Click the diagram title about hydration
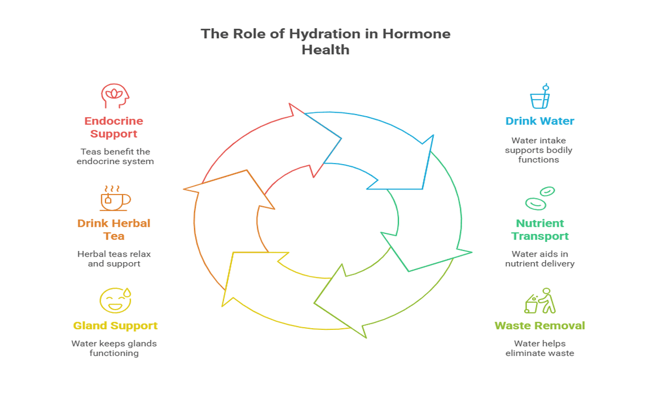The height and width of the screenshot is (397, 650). pyautogui.click(x=326, y=42)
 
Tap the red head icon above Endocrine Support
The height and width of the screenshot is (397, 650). pyautogui.click(x=115, y=96)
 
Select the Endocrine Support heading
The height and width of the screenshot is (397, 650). pyautogui.click(x=114, y=127)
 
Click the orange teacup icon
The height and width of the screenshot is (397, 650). pyautogui.click(x=115, y=198)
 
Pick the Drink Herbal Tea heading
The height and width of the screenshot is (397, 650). pyautogui.click(x=114, y=230)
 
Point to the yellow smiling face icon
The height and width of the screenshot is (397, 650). pyautogui.click(x=115, y=300)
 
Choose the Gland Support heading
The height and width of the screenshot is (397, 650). pyautogui.click(x=115, y=325)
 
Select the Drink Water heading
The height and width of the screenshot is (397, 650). pyautogui.click(x=539, y=121)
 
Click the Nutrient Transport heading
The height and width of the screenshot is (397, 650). pyautogui.click(x=539, y=230)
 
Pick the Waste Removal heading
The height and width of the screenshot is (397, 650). pyautogui.click(x=539, y=325)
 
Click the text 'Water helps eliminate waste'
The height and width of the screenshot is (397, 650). pyautogui.click(x=539, y=349)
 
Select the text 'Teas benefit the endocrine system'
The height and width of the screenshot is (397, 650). pyautogui.click(x=115, y=156)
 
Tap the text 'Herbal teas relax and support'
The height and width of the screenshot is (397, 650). pyautogui.click(x=114, y=259)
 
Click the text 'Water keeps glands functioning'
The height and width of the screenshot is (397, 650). pyautogui.click(x=114, y=349)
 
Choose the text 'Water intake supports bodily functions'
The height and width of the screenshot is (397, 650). pyautogui.click(x=539, y=150)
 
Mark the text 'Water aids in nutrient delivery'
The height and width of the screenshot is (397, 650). pyautogui.click(x=539, y=259)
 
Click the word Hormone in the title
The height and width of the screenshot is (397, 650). pyautogui.click(x=416, y=34)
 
